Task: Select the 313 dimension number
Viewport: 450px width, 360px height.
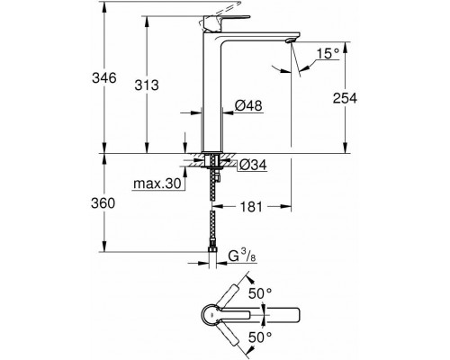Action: tap(147, 85)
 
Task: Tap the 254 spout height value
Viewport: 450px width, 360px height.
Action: tap(345, 98)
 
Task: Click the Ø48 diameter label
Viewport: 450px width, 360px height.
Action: tap(248, 105)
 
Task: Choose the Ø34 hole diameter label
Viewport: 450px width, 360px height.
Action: tap(253, 165)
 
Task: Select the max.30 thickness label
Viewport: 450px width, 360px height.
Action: tap(157, 183)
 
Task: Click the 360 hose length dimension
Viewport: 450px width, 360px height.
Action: tap(103, 203)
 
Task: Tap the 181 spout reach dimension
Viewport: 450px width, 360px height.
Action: tap(251, 207)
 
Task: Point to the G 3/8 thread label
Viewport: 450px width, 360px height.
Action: tap(242, 256)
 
